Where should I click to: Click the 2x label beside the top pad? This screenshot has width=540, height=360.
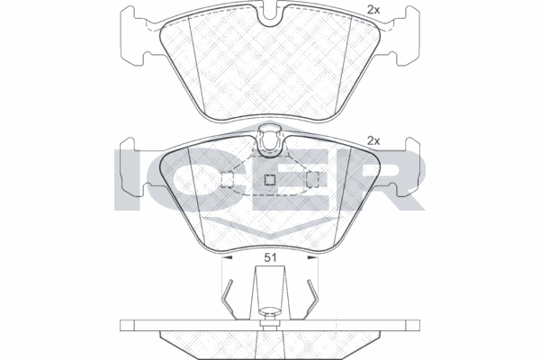coord(373,10)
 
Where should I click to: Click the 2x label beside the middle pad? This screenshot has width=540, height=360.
coord(373,140)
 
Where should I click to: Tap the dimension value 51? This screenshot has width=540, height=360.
coord(270,257)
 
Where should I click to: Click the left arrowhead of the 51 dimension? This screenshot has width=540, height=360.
coord(228,257)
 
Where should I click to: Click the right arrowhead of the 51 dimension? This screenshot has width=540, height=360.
coord(312,257)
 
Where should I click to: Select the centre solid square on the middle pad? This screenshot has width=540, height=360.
coord(270,180)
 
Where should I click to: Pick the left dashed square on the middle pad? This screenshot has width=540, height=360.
coord(228,180)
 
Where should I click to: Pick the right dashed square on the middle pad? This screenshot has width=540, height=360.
coord(312,180)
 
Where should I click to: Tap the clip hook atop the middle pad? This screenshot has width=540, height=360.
coord(270,141)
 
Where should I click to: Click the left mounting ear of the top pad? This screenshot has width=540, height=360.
coord(134,35)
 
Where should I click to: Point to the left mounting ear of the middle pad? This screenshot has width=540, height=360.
coord(134,166)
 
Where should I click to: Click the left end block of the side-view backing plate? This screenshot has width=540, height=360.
coord(127,325)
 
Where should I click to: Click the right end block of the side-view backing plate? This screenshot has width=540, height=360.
coord(413,325)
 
